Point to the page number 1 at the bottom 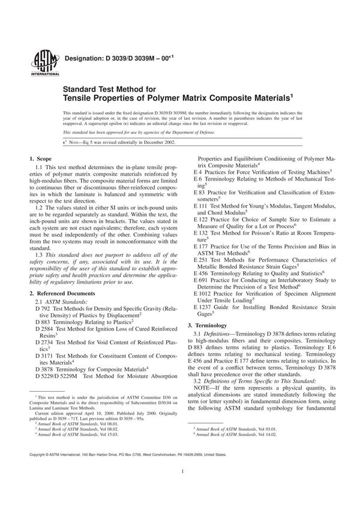(180, 487)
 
